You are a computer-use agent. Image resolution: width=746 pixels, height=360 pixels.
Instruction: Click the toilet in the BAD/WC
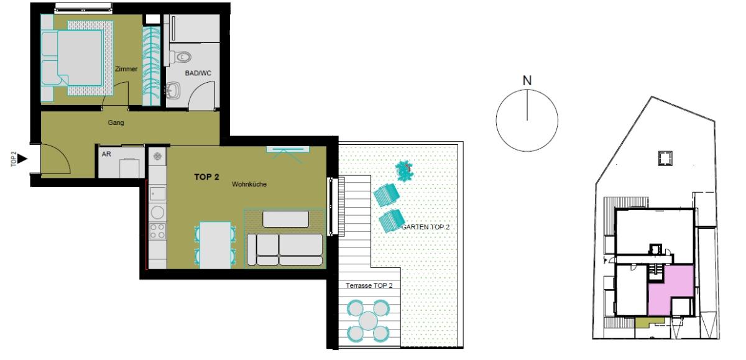pyautogui.click(x=180, y=57)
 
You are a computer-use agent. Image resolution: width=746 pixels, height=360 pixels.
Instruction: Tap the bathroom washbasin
pyautogui.click(x=173, y=90)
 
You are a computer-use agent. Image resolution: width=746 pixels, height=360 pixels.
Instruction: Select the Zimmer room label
pyautogui.click(x=126, y=69)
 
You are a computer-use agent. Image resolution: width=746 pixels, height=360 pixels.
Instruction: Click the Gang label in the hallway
pyautogui.click(x=116, y=122)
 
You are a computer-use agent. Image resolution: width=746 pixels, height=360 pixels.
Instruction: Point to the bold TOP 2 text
pyautogui.click(x=206, y=177)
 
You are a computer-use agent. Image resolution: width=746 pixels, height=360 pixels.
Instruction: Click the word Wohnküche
pyautogui.click(x=249, y=184)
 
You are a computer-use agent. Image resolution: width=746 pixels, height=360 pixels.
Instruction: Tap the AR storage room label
pyautogui.click(x=106, y=154)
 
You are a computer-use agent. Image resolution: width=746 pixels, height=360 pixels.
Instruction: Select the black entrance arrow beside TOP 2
pyautogui.click(x=22, y=159)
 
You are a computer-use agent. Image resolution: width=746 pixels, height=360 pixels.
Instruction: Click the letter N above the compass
pyautogui.click(x=527, y=81)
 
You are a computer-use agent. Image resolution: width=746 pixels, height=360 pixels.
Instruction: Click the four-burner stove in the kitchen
pyautogui.click(x=157, y=231)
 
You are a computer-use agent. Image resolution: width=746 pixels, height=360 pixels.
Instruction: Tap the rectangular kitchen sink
pyautogui.click(x=157, y=193)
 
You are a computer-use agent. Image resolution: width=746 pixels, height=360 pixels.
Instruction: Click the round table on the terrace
pyautogui.click(x=368, y=321)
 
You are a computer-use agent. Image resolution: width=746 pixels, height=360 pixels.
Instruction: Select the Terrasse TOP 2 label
pyautogui.click(x=369, y=285)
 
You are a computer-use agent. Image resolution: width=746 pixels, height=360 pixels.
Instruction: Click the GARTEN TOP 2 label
pyautogui.click(x=426, y=227)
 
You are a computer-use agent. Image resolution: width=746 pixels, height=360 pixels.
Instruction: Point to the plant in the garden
pyautogui.click(x=404, y=171)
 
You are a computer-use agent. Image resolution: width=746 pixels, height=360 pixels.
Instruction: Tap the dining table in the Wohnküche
pyautogui.click(x=215, y=245)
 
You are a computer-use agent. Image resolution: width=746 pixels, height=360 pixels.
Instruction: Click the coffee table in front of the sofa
pyautogui.click(x=286, y=219)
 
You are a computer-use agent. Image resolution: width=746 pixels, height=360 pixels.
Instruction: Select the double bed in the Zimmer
pyautogui.click(x=71, y=58)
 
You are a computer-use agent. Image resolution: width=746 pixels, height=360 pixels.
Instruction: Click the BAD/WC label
pyautogui.click(x=198, y=73)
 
